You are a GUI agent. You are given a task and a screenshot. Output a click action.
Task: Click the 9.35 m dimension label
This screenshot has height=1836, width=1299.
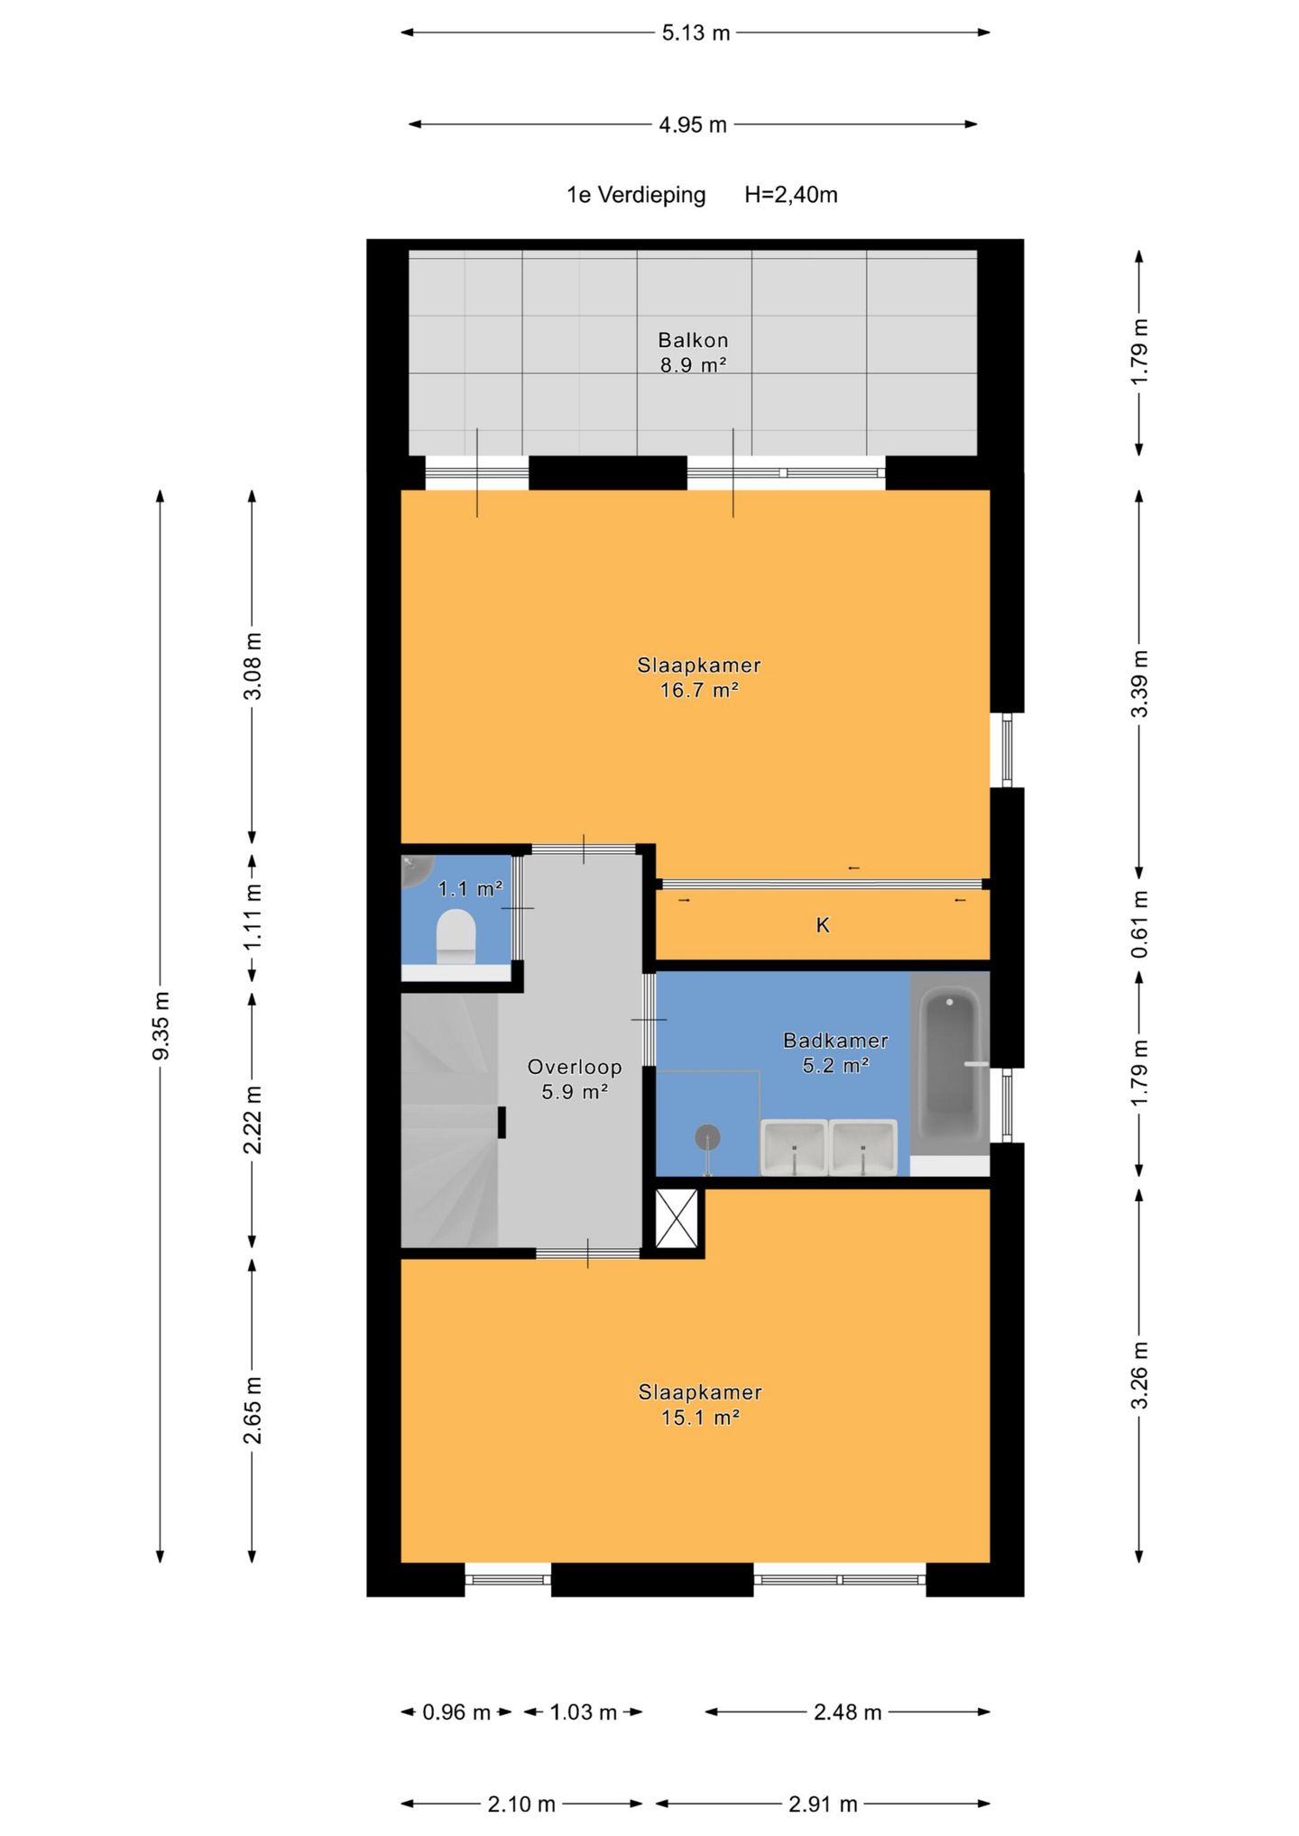(161, 1025)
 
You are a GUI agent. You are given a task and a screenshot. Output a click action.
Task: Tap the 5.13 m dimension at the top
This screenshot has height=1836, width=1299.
(696, 33)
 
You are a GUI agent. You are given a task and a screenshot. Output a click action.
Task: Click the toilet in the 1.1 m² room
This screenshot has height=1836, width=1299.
(456, 936)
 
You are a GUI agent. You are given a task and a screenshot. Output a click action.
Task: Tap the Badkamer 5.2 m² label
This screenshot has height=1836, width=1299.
(836, 1052)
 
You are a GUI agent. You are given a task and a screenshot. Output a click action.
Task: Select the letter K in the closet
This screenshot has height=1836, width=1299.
(823, 925)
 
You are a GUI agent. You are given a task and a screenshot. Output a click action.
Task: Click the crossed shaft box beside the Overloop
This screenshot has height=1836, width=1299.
(677, 1218)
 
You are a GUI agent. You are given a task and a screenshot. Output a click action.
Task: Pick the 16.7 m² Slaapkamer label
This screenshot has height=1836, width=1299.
(699, 677)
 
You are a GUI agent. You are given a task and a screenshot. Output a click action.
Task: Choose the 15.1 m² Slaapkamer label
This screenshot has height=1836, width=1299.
(700, 1404)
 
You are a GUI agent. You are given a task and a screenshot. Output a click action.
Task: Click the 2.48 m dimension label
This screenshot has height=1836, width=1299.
(847, 1712)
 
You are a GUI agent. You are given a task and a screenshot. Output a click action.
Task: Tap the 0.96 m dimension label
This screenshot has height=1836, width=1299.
(456, 1712)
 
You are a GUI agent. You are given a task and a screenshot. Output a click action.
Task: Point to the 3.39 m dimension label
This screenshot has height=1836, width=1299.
(1139, 684)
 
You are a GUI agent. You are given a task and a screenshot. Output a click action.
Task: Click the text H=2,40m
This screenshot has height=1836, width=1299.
(791, 195)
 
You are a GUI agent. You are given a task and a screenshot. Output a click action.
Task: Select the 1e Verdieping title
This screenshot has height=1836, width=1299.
(636, 195)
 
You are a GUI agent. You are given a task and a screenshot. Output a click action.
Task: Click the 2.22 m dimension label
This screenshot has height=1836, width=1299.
(253, 1119)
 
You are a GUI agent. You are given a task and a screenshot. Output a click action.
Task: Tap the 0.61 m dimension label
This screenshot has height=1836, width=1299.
(1139, 924)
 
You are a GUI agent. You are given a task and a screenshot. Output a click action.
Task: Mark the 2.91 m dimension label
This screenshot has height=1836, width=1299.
(823, 1804)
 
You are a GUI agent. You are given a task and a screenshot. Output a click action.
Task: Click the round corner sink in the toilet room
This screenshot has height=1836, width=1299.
(416, 869)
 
